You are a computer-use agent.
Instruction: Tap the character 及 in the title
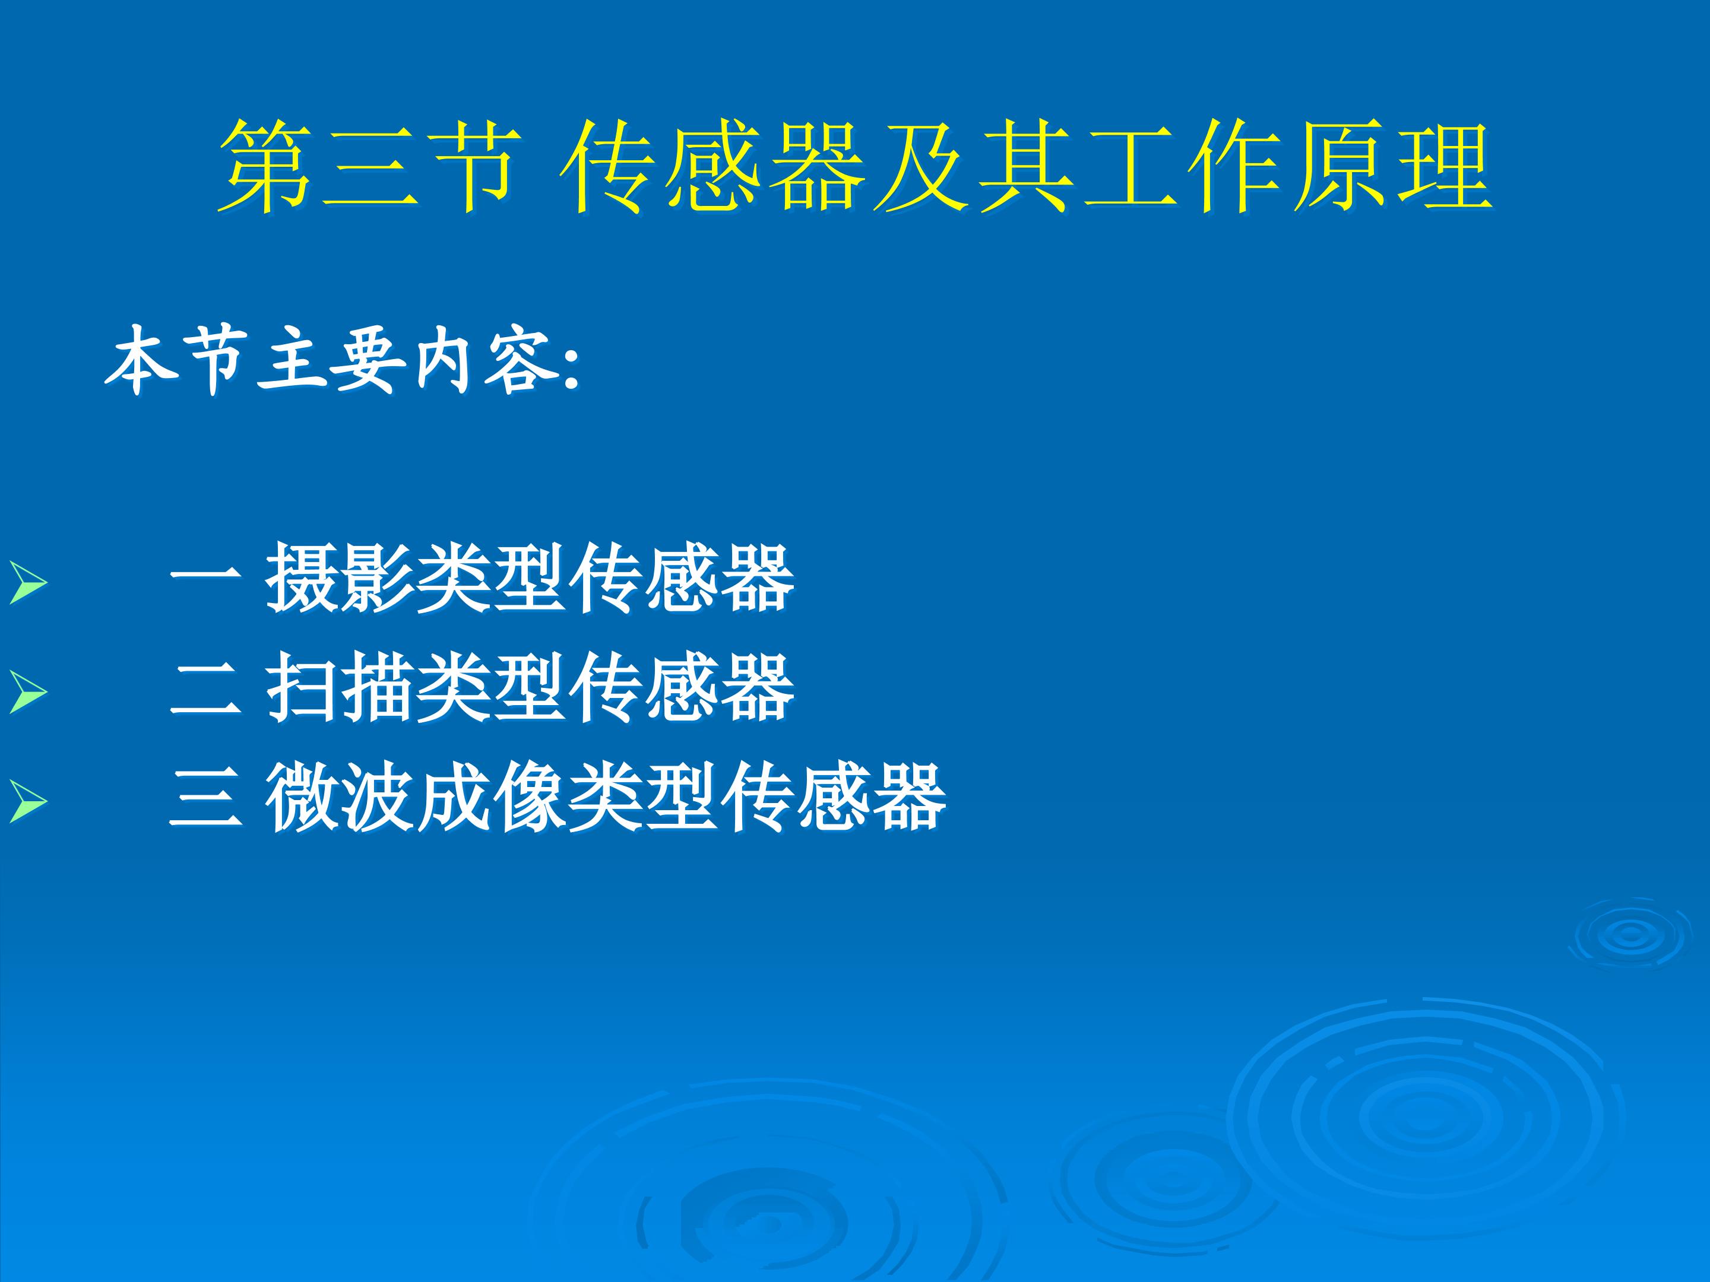point(921,166)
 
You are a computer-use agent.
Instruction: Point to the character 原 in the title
point(1341,166)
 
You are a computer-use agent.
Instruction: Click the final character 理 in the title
point(1446,166)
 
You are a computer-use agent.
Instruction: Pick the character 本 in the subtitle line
point(141,360)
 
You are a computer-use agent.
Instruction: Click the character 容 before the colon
point(520,360)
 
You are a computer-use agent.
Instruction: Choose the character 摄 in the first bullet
point(302,579)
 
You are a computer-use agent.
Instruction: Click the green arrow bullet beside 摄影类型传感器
point(27,583)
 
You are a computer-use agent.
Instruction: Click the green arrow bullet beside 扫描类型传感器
point(27,693)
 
